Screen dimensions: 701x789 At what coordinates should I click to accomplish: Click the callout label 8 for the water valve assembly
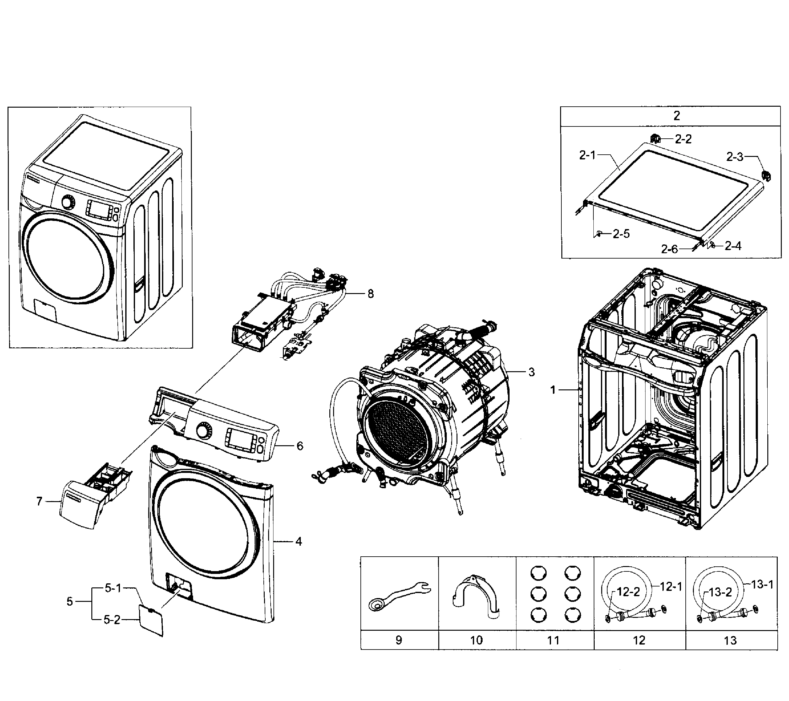[x=370, y=294]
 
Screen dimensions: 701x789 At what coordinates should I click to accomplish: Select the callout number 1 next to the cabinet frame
[x=553, y=390]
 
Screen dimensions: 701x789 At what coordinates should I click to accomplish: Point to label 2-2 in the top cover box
[x=683, y=139]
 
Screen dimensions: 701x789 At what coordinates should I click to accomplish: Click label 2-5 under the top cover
[x=621, y=234]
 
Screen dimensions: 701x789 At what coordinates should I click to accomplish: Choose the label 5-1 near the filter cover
[x=113, y=588]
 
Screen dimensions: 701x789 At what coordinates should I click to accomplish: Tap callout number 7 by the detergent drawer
[x=39, y=501]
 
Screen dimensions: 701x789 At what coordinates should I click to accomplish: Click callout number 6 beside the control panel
[x=300, y=446]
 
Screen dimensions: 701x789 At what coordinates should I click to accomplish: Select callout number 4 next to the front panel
[x=298, y=542]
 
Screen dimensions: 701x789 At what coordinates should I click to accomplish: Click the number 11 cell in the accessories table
[x=554, y=640]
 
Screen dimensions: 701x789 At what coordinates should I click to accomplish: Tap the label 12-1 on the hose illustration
[x=671, y=587]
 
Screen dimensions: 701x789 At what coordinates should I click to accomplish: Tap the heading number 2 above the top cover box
[x=676, y=116]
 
